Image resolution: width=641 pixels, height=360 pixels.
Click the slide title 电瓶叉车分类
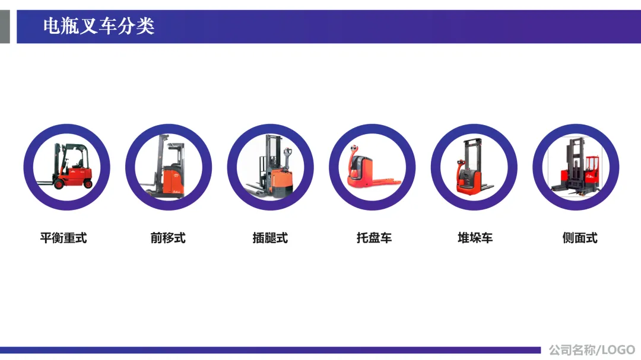click(99, 26)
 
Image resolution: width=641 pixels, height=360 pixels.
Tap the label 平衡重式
click(64, 238)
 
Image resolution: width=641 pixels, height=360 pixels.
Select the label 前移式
click(168, 238)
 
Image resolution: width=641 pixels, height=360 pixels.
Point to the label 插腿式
click(270, 238)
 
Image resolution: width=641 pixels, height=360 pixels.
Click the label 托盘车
click(374, 238)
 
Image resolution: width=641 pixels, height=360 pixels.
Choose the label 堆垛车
click(475, 238)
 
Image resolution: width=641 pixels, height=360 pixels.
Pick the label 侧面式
click(580, 238)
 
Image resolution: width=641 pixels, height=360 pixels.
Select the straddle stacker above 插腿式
click(270, 167)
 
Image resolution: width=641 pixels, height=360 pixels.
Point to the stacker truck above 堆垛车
click(474, 167)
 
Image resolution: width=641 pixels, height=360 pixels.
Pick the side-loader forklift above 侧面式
click(576, 167)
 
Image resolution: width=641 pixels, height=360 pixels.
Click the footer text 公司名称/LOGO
click(592, 350)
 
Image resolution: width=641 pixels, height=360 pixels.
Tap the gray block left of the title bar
click(5, 27)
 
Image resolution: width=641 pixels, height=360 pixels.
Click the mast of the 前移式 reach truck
click(160, 164)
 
